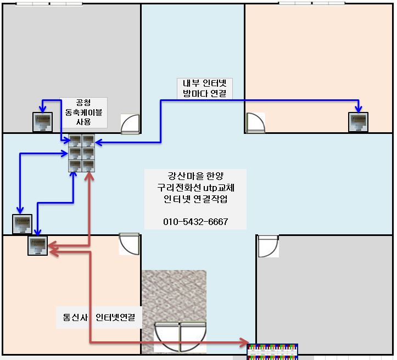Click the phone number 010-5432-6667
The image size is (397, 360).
pyautogui.click(x=195, y=222)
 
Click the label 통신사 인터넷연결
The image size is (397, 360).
pyautogui.click(x=99, y=317)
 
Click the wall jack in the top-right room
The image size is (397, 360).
pyautogui.click(x=358, y=122)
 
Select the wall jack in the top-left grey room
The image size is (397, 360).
pyautogui.click(x=42, y=122)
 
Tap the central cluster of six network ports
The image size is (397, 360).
pyautogui.click(x=82, y=153)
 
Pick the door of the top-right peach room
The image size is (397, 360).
pyautogui.click(x=255, y=123)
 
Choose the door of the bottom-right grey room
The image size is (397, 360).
pyautogui.click(x=269, y=246)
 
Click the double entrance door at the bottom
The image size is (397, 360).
pyautogui.click(x=180, y=336)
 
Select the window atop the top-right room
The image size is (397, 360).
pyautogui.click(x=312, y=3)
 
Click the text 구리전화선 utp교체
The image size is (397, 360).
pyautogui.click(x=195, y=187)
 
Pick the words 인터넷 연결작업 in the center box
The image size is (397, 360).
pyautogui.click(x=195, y=199)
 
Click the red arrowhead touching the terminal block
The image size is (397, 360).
pyautogui.click(x=244, y=344)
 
